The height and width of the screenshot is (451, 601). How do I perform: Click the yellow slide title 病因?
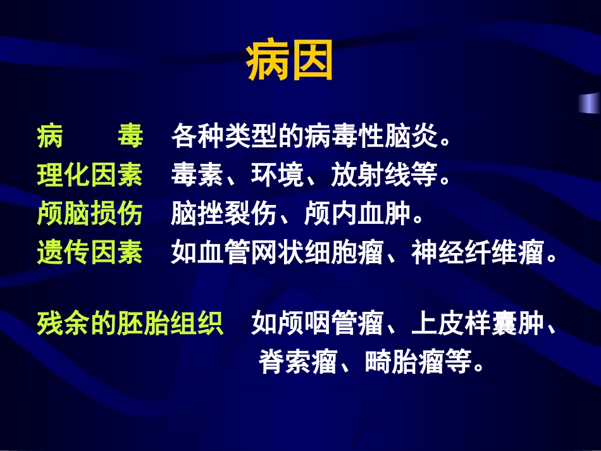click(x=289, y=62)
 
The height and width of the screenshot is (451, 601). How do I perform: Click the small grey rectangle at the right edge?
click(x=590, y=102)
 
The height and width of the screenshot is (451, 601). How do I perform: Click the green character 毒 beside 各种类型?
click(x=130, y=137)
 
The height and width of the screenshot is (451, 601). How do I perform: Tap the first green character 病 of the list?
click(x=49, y=137)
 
